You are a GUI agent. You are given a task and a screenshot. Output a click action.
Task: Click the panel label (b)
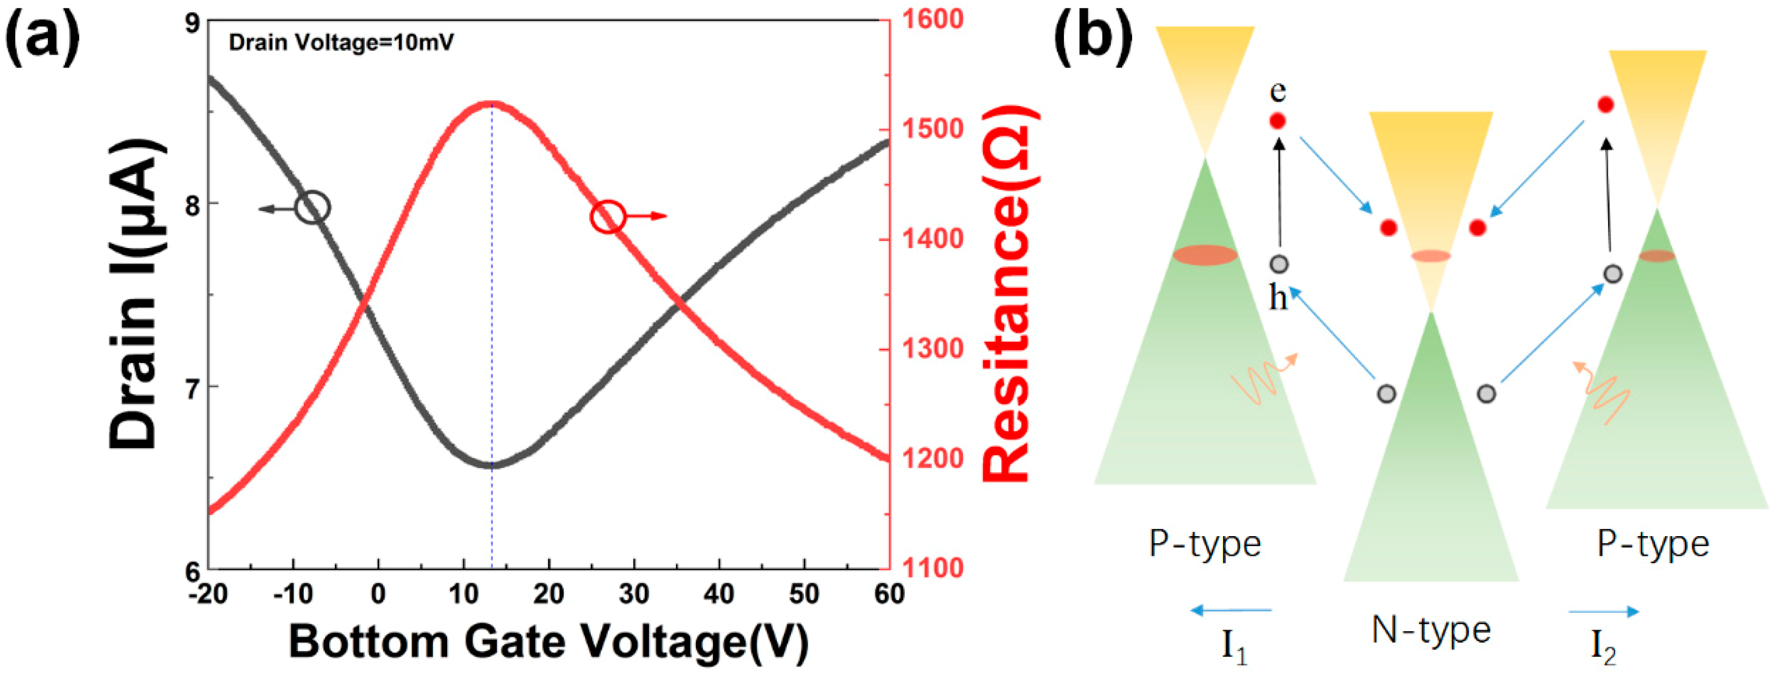[1093, 38]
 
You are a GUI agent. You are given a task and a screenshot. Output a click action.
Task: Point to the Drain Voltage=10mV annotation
[341, 43]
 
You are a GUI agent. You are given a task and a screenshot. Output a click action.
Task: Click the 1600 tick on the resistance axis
[932, 19]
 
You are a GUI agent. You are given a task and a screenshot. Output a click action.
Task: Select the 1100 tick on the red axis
[932, 568]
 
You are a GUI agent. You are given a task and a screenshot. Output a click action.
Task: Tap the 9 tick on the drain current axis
[191, 23]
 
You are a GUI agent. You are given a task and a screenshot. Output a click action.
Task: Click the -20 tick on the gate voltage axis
[208, 594]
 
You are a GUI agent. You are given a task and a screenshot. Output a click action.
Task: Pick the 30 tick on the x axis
[634, 594]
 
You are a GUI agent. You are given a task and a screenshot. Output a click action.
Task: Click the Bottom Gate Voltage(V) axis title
[548, 642]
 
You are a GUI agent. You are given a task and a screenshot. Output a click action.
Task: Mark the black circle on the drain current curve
[313, 207]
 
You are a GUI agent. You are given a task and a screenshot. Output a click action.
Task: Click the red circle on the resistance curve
[608, 216]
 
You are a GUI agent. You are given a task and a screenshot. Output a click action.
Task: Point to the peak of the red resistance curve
[491, 103]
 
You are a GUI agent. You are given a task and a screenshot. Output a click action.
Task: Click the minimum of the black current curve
[491, 465]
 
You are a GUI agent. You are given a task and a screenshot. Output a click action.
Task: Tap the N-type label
[1431, 630]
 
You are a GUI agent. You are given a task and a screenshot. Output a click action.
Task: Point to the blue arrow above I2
[1603, 611]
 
